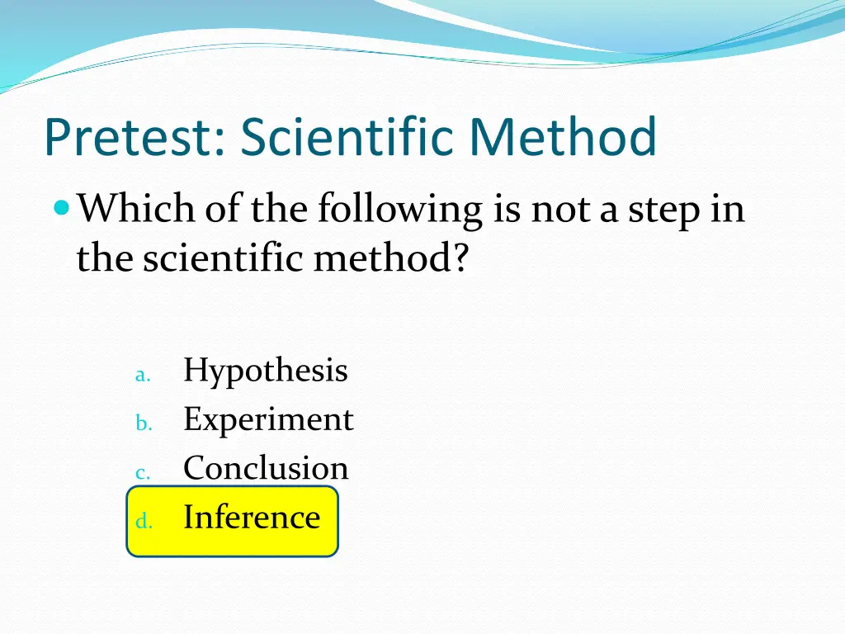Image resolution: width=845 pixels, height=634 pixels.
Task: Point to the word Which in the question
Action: click(136, 209)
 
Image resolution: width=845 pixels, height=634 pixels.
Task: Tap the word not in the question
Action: click(562, 209)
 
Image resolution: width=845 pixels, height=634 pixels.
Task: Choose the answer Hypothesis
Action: click(266, 371)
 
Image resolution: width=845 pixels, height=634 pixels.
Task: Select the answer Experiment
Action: click(268, 420)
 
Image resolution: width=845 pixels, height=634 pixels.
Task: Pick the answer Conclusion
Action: click(266, 468)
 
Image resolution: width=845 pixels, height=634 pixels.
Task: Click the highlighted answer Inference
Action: click(252, 518)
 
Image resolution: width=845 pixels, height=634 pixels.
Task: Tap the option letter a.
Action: click(141, 376)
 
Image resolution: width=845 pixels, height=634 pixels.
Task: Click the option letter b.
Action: click(142, 423)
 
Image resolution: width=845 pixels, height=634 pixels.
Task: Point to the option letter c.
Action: click(141, 473)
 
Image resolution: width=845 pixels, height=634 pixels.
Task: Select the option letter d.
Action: click(142, 521)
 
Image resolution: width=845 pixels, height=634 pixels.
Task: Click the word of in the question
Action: click(222, 209)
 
